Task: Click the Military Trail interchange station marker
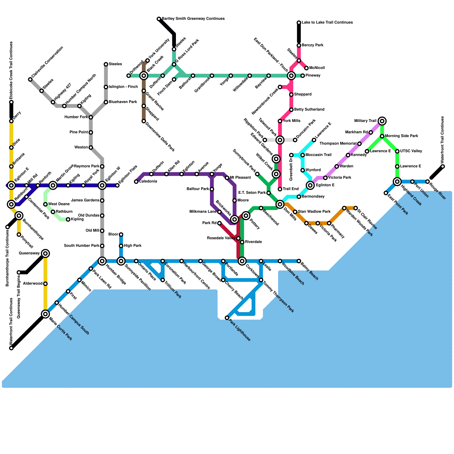coord(382,121)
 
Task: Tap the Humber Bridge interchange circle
coord(102,261)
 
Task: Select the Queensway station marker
coord(45,253)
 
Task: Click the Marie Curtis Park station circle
coord(45,314)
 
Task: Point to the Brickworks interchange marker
coord(234,219)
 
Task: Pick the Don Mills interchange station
coord(280,204)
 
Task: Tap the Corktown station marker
coord(242,261)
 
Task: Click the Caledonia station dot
coord(136,182)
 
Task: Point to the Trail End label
coord(291,189)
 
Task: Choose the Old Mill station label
coord(93,231)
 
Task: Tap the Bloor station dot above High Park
coord(121,234)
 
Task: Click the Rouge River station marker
coord(428,182)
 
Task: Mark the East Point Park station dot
coord(386,193)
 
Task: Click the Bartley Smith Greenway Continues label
coord(193,19)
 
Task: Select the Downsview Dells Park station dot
coord(144,121)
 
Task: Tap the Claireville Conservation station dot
coord(30,79)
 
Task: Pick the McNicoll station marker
coord(306,68)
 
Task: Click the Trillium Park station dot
coord(163,280)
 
